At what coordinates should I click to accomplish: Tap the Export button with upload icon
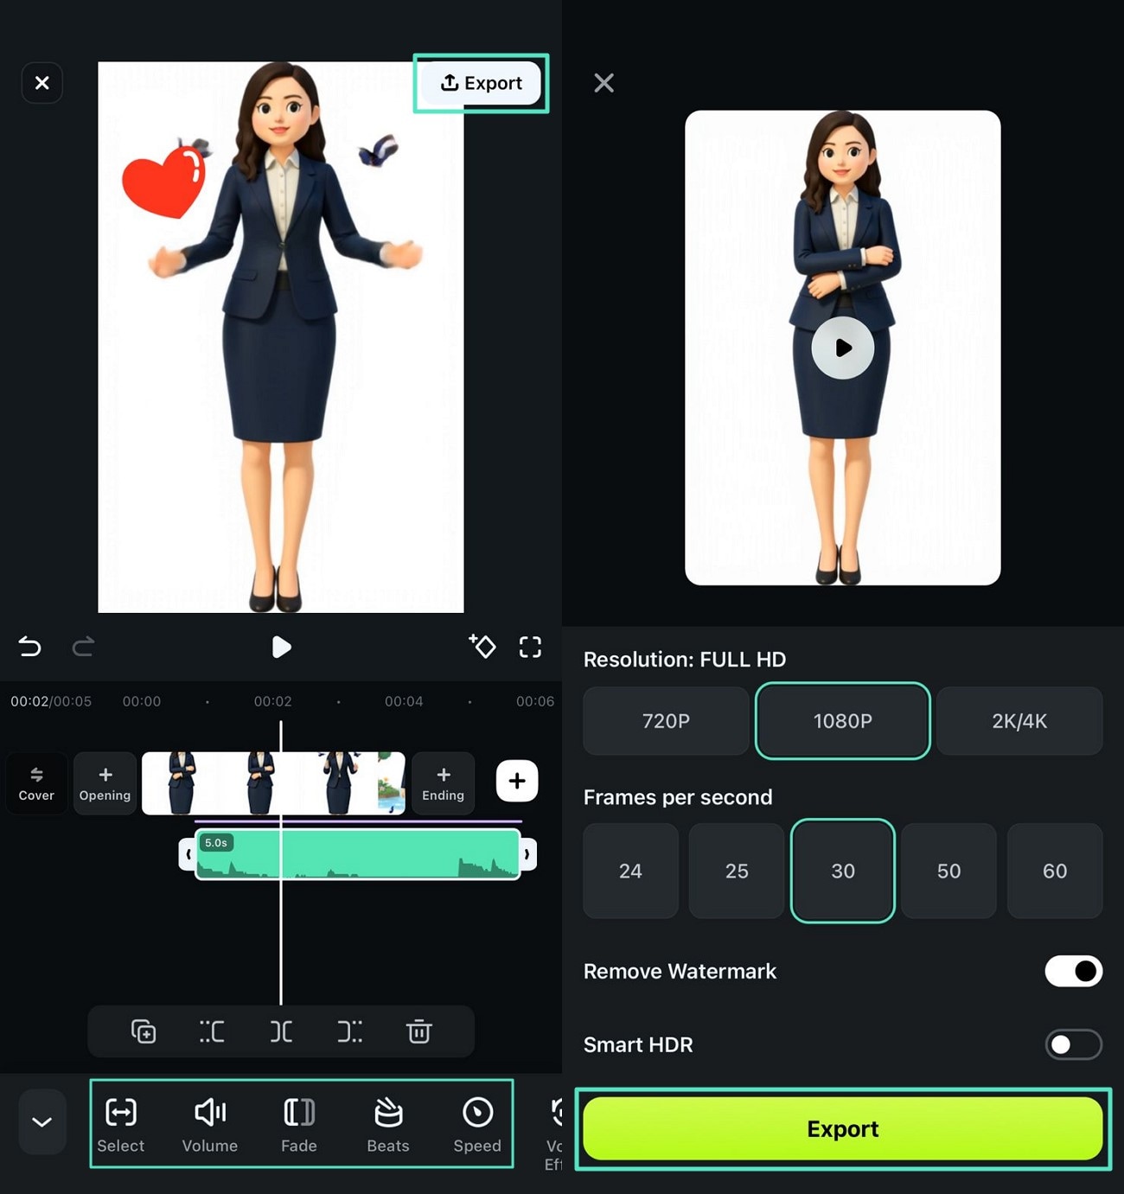(481, 83)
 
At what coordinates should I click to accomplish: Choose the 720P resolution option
(666, 721)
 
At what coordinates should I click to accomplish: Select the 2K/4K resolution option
(1019, 721)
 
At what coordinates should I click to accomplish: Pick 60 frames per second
(1055, 871)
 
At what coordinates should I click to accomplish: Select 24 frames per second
(631, 871)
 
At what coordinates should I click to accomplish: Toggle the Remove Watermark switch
(1074, 971)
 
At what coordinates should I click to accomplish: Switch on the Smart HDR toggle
(1074, 1044)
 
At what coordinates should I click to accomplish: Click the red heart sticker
(163, 182)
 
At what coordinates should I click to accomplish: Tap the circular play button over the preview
(842, 348)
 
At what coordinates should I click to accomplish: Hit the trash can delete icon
(419, 1031)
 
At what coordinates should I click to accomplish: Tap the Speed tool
(477, 1124)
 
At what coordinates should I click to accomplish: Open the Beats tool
(388, 1124)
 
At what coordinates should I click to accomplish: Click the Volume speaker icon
(210, 1112)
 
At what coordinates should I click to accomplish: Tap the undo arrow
(29, 647)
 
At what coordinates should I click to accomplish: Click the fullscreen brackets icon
(530, 648)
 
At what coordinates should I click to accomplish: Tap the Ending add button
(444, 783)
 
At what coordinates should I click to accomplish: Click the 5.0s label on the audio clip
(216, 843)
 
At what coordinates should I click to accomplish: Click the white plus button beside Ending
(517, 781)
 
